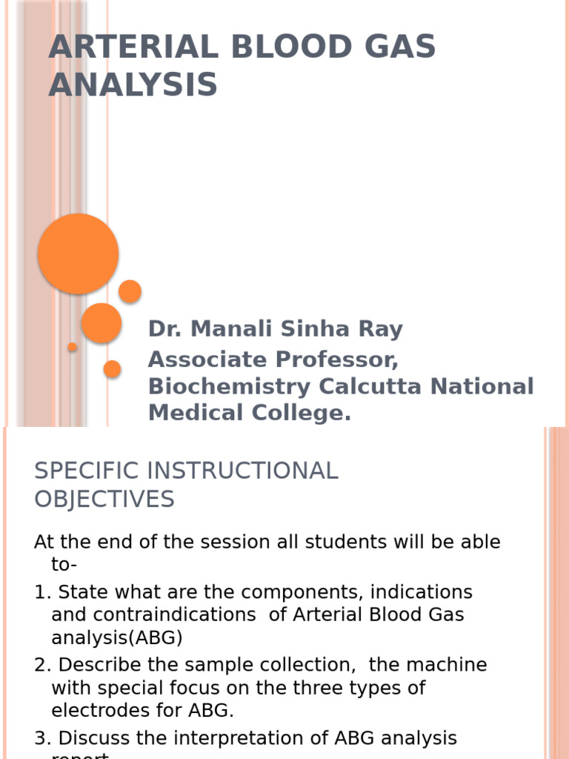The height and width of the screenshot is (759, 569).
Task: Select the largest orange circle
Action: (x=79, y=253)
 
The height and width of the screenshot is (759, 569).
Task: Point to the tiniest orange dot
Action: (x=73, y=347)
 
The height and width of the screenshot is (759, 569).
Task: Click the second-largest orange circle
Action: (x=102, y=322)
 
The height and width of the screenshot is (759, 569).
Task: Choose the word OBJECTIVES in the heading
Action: (x=104, y=500)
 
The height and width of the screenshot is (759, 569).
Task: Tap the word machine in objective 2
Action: (x=447, y=665)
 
